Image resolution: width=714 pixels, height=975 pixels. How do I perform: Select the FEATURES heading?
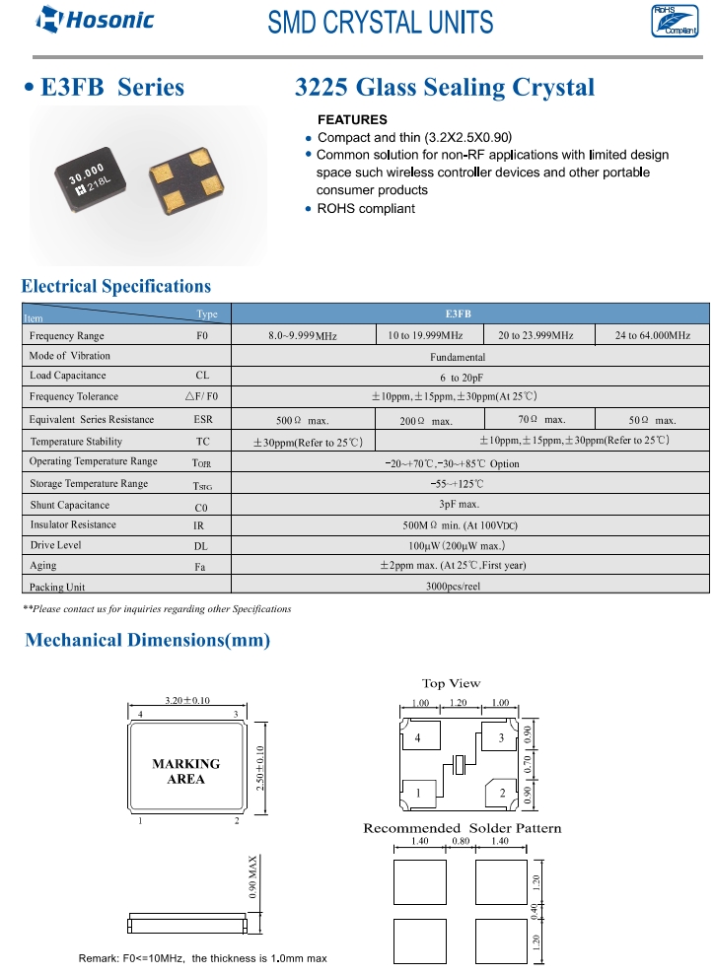pyautogui.click(x=352, y=120)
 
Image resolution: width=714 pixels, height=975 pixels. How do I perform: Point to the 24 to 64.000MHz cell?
pyautogui.click(x=652, y=335)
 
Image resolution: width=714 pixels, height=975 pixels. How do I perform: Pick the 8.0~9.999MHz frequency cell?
pyautogui.click(x=303, y=336)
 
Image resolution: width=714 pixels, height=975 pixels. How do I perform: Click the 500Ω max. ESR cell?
pyautogui.click(x=302, y=420)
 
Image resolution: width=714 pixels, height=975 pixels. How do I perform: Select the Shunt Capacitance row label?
pyautogui.click(x=69, y=505)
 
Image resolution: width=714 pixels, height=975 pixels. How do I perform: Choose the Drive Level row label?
pyautogui.click(x=55, y=545)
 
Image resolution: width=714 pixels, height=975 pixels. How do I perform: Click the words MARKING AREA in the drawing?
pyautogui.click(x=185, y=771)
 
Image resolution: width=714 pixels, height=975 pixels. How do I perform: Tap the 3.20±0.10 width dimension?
pyautogui.click(x=186, y=700)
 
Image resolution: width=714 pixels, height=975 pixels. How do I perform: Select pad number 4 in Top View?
pyautogui.click(x=418, y=737)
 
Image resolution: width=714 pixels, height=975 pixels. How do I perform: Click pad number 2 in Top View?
pyautogui.click(x=502, y=794)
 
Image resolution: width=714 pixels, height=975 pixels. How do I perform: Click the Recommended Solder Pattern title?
pyautogui.click(x=462, y=827)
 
